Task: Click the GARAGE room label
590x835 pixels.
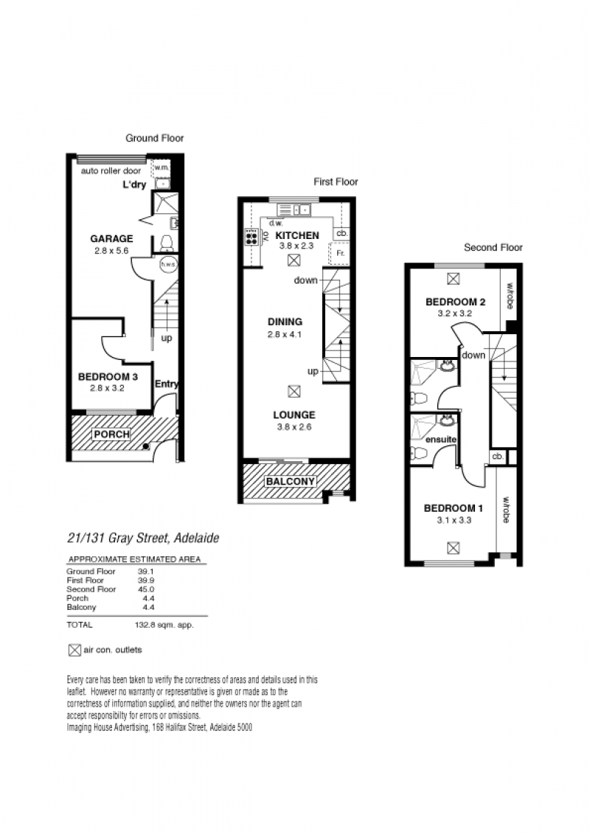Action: coord(111,238)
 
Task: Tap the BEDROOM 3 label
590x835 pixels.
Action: coord(108,377)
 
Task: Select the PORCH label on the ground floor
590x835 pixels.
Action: coord(112,434)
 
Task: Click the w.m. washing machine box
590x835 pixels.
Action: coord(162,167)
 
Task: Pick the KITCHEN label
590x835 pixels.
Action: coord(297,235)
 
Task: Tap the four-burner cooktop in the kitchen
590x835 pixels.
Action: coord(251,237)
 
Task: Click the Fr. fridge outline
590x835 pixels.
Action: coord(339,254)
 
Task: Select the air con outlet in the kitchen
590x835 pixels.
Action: coord(294,260)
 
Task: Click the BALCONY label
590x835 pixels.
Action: coord(291,482)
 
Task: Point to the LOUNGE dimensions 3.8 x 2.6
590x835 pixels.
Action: coord(294,426)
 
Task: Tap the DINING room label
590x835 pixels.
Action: coord(285,322)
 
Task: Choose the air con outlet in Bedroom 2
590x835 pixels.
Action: coord(453,279)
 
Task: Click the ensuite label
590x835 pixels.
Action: coord(441,440)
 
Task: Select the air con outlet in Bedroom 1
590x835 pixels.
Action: coord(453,547)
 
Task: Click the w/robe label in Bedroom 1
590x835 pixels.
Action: coord(506,510)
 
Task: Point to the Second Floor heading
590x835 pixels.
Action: coord(493,247)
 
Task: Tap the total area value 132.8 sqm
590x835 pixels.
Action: coord(164,625)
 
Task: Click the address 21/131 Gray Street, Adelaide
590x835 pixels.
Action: coord(143,538)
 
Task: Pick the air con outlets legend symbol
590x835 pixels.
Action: coord(74,650)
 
